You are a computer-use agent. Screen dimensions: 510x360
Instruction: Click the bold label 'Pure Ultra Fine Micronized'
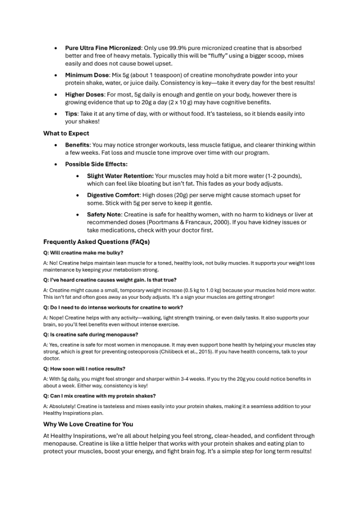click(x=103, y=48)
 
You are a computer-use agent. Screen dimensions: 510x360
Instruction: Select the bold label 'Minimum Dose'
click(x=87, y=75)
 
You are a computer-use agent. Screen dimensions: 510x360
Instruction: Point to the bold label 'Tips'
click(x=71, y=114)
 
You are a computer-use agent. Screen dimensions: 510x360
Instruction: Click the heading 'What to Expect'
click(x=66, y=134)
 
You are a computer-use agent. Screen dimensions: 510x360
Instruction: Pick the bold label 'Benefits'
click(x=77, y=145)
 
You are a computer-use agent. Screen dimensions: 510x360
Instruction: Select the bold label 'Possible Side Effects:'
click(x=96, y=164)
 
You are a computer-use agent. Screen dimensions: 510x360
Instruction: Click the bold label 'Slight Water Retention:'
click(x=120, y=176)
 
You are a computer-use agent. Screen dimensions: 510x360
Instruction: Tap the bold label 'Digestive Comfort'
click(x=113, y=195)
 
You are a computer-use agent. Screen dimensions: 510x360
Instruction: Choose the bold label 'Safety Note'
click(x=103, y=214)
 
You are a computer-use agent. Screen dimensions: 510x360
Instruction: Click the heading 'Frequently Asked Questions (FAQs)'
click(x=96, y=242)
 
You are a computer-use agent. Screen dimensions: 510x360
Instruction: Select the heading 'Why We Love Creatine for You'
click(x=88, y=424)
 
